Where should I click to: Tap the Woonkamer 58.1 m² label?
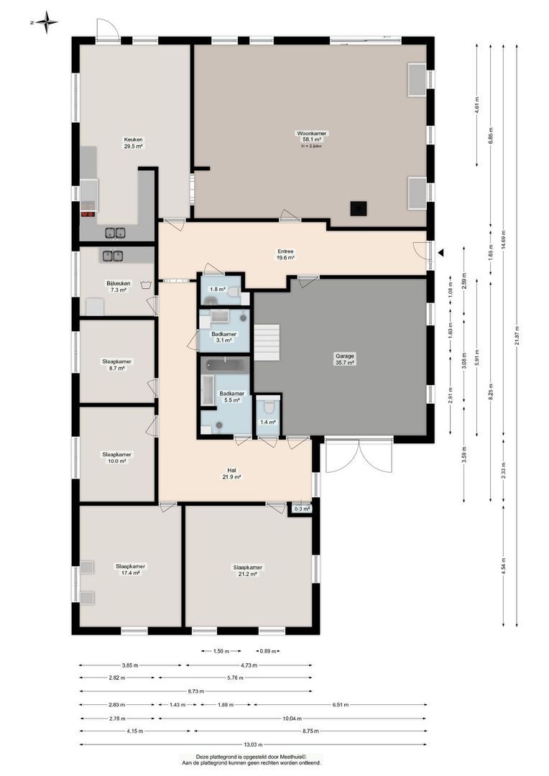311,137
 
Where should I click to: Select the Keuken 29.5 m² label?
133,142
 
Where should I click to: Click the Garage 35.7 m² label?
345,359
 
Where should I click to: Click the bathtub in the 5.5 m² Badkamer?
225,365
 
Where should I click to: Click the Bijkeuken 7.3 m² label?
119,287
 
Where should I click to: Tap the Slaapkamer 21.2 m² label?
248,571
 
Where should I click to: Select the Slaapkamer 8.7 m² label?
116,364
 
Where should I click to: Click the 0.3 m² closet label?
303,509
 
